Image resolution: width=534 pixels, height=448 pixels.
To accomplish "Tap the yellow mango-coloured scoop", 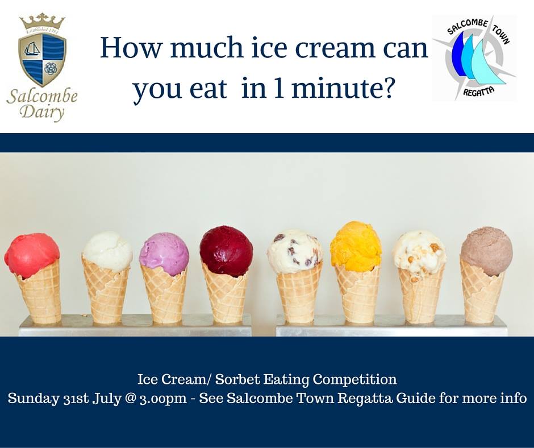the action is (356, 245).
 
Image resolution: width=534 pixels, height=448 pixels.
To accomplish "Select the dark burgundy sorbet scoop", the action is (226, 250).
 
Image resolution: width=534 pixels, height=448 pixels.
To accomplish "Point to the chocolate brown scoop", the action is (486, 251).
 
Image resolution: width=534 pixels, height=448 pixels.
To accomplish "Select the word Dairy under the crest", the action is (42, 111).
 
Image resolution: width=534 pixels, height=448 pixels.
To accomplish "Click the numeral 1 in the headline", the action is (279, 88).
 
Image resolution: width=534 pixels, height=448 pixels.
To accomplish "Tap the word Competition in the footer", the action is (355, 379).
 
